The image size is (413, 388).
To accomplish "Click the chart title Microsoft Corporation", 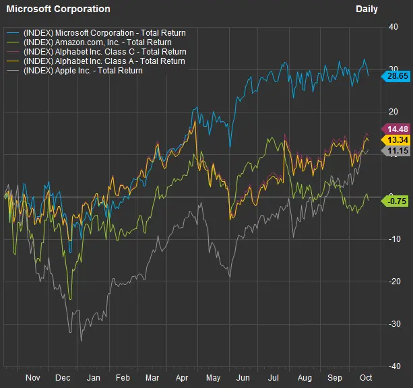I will tap(58, 9).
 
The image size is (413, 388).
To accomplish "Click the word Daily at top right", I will tap(367, 9).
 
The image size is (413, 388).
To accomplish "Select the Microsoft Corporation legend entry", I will tap(104, 32).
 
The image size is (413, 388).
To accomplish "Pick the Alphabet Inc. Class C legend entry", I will tap(104, 51).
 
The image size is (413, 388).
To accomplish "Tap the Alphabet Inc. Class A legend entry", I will tap(104, 61).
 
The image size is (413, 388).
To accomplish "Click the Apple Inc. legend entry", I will tap(83, 70).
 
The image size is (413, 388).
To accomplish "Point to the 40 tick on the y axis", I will tap(393, 27).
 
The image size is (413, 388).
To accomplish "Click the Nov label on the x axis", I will tap(33, 378).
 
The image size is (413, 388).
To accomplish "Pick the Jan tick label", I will tap(94, 378).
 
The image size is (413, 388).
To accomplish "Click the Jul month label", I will tap(275, 378).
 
